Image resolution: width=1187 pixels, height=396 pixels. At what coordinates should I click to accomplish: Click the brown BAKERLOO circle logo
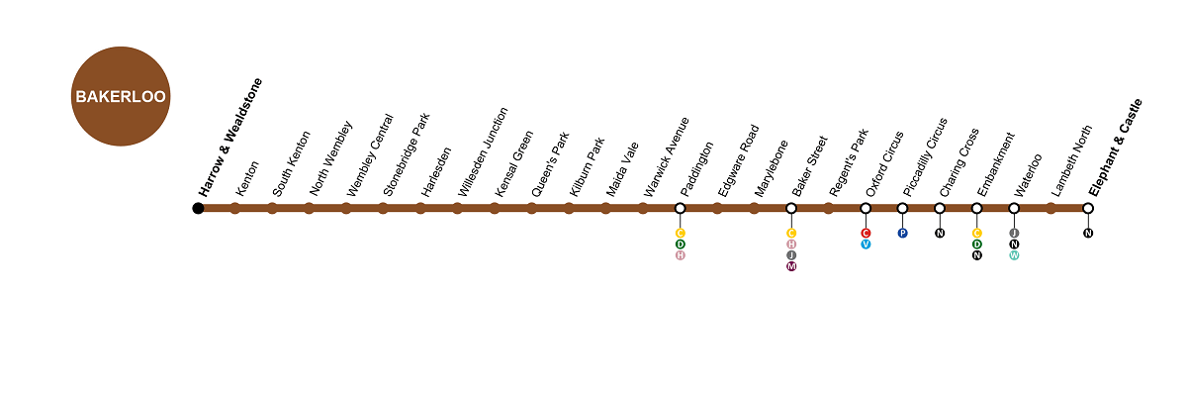pyautogui.click(x=121, y=96)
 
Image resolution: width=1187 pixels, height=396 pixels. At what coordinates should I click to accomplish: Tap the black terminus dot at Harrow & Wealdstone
pyautogui.click(x=198, y=208)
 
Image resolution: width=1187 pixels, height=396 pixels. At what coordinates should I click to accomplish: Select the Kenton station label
pyautogui.click(x=247, y=178)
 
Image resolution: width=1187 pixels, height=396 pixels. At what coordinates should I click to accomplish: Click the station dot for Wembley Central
pyautogui.click(x=346, y=208)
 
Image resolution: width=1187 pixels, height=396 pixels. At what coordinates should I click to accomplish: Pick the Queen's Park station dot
pyautogui.click(x=531, y=208)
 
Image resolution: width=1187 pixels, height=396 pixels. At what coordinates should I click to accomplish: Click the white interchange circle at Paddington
pyautogui.click(x=680, y=208)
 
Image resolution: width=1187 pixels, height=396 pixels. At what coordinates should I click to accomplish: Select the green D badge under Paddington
pyautogui.click(x=680, y=245)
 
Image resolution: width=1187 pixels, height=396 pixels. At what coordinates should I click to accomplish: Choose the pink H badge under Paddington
pyautogui.click(x=680, y=255)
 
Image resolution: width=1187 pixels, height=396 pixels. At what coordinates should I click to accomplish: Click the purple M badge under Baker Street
pyautogui.click(x=791, y=266)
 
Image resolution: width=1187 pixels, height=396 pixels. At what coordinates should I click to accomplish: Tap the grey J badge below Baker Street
pyautogui.click(x=791, y=255)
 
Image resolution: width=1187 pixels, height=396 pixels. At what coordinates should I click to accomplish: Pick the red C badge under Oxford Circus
pyautogui.click(x=866, y=234)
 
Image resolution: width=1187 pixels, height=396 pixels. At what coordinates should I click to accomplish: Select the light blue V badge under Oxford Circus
pyautogui.click(x=866, y=245)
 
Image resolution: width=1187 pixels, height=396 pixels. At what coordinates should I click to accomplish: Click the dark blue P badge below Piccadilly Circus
pyautogui.click(x=902, y=234)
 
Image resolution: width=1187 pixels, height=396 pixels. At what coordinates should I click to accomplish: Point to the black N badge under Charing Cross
pyautogui.click(x=940, y=234)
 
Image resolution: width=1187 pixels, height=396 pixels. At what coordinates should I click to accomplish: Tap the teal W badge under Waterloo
pyautogui.click(x=1014, y=255)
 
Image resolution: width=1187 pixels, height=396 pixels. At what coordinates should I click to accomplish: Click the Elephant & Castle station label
pyautogui.click(x=1115, y=148)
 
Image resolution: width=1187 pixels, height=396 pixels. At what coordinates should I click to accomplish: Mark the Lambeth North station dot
pyautogui.click(x=1050, y=208)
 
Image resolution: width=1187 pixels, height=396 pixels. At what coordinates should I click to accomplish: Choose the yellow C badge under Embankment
pyautogui.click(x=976, y=234)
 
